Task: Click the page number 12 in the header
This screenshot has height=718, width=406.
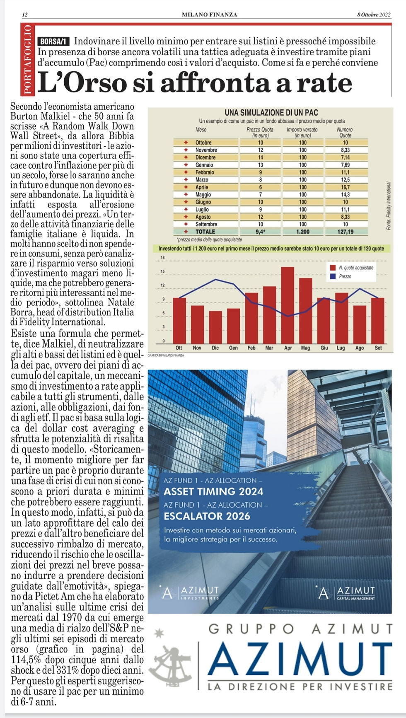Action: point(24,15)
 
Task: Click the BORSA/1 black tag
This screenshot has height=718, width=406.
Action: point(53,41)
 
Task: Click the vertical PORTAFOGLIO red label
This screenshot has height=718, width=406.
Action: point(27,59)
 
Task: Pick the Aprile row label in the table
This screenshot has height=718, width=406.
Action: point(202,187)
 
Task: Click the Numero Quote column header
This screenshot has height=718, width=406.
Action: point(345,133)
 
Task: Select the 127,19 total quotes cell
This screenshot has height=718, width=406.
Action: point(345,232)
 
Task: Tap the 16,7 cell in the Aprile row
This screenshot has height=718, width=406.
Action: point(345,187)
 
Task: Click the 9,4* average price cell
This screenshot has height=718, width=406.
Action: point(260,232)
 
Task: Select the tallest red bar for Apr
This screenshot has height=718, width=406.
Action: point(288,305)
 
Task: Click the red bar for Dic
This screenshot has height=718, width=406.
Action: point(215,327)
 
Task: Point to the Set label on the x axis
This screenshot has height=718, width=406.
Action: point(378,348)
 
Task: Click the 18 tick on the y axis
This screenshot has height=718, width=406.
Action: point(162,258)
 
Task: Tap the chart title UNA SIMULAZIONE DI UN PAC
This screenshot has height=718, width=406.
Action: point(271,112)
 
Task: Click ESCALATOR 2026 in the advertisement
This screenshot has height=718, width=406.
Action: point(207,516)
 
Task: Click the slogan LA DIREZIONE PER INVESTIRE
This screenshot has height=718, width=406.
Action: point(300,687)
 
